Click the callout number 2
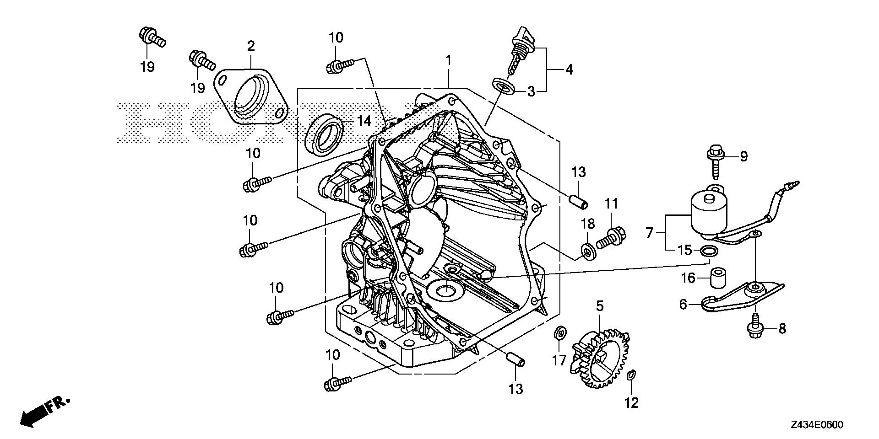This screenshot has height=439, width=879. point(250,46)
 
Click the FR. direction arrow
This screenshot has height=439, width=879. point(43,412)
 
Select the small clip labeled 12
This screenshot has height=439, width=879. point(630,375)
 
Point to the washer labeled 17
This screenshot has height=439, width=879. point(559,333)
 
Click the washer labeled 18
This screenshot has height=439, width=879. point(588,251)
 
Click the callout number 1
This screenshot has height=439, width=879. point(449,60)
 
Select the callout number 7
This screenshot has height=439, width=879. point(649,233)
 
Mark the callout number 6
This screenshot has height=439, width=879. point(683,304)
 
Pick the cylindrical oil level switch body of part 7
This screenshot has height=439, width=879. point(708,213)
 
